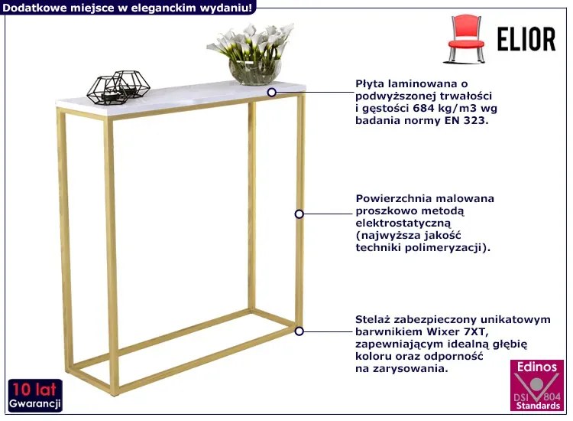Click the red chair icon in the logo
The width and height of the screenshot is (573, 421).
(465, 38)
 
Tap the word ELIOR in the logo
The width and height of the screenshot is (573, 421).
(526, 39)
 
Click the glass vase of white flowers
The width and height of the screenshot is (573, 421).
(253, 54)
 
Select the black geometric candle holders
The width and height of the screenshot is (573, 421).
(118, 87)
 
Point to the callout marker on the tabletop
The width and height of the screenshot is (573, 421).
(271, 93)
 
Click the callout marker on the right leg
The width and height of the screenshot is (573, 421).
(299, 214)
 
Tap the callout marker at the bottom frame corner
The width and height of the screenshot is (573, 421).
(299, 331)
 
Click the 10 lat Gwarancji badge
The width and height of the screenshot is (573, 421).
(35, 396)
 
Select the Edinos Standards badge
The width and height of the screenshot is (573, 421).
(537, 386)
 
